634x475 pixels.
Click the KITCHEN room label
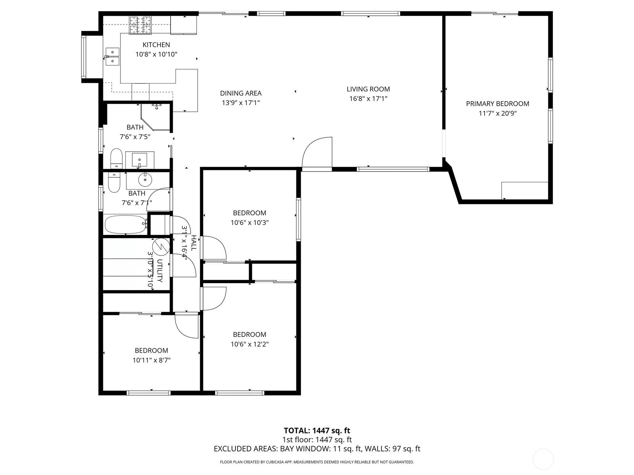pos(156,45)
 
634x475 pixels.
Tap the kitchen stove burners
pos(140,25)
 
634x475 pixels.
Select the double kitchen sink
pos(112,56)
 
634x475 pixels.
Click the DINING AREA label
pos(241,93)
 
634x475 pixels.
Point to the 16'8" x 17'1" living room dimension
pos(368,99)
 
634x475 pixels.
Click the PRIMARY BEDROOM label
pos(497,104)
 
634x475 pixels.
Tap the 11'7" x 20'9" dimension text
pos(497,113)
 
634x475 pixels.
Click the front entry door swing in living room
pos(317,152)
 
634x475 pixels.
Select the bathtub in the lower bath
pos(126,225)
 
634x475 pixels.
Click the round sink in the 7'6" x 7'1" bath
pos(145,180)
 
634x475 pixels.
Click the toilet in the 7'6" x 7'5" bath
pos(116,158)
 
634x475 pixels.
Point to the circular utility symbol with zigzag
pos(161,246)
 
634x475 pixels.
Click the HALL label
pos(194,243)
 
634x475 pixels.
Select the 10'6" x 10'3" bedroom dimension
pos(250,223)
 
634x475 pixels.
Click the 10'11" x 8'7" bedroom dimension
pos(151,360)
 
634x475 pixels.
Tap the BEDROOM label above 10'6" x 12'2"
pos(250,334)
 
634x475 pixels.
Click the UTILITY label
pos(159,271)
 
